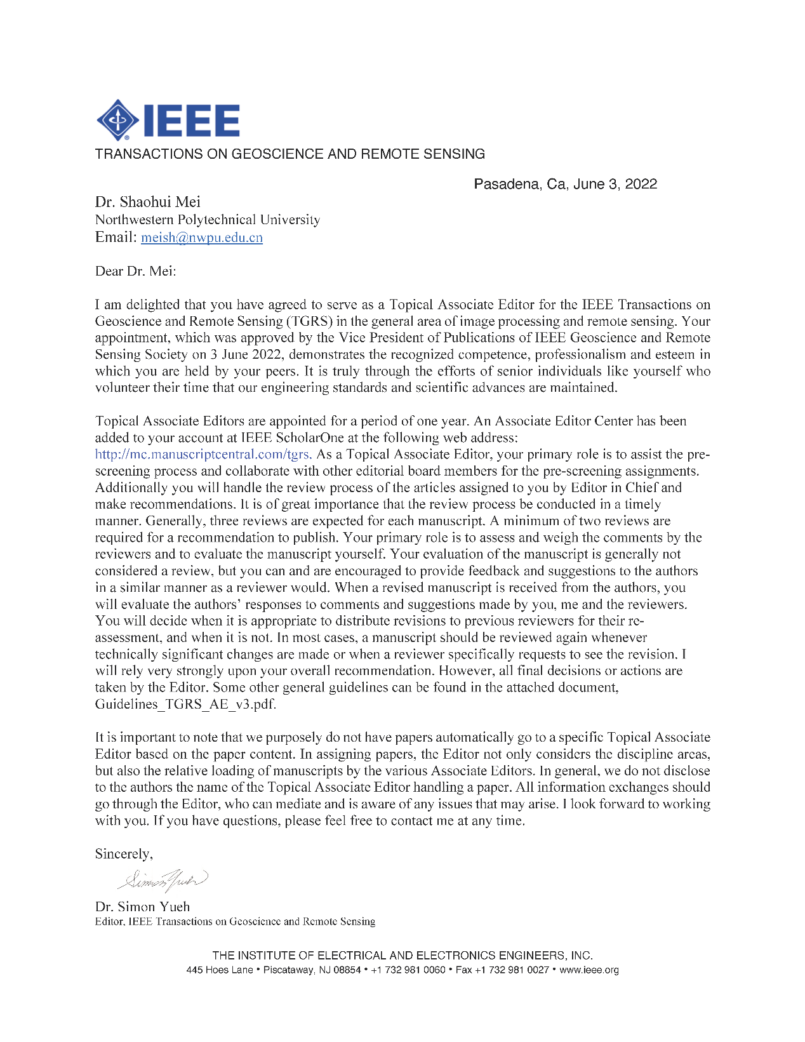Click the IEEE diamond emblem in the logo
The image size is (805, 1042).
pyautogui.click(x=117, y=120)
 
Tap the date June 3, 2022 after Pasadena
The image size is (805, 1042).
pyautogui.click(x=615, y=184)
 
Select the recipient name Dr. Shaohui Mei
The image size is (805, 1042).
pyautogui.click(x=147, y=202)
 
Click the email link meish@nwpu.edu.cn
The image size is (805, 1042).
pyautogui.click(x=202, y=237)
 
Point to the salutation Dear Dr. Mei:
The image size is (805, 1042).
pyautogui.click(x=135, y=271)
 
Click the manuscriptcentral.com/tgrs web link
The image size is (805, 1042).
pyautogui.click(x=203, y=454)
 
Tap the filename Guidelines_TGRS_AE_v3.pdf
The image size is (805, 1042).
pyautogui.click(x=185, y=704)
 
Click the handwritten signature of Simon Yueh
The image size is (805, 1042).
pyautogui.click(x=163, y=880)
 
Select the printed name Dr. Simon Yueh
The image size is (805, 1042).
pyautogui.click(x=142, y=907)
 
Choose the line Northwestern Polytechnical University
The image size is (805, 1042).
pyautogui.click(x=208, y=220)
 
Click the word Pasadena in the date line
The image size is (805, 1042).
pyautogui.click(x=508, y=184)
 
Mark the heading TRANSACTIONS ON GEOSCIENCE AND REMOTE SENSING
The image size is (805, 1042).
pyautogui.click(x=289, y=154)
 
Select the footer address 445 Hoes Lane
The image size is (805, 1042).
pyautogui.click(x=220, y=970)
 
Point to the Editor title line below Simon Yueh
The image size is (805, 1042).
pyautogui.click(x=235, y=922)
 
